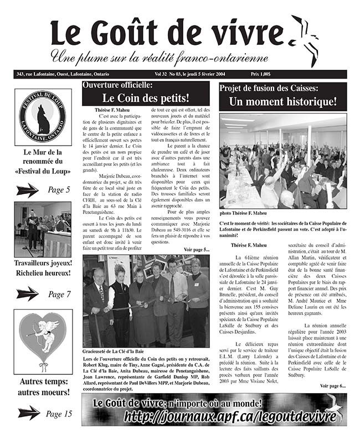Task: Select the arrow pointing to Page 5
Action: pyautogui.click(x=28, y=190)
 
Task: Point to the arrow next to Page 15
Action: pyautogui.click(x=29, y=413)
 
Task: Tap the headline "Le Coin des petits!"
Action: pyautogui.click(x=146, y=98)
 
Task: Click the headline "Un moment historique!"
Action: pyautogui.click(x=282, y=101)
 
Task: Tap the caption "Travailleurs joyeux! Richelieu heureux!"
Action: pyautogui.click(x=43, y=267)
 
